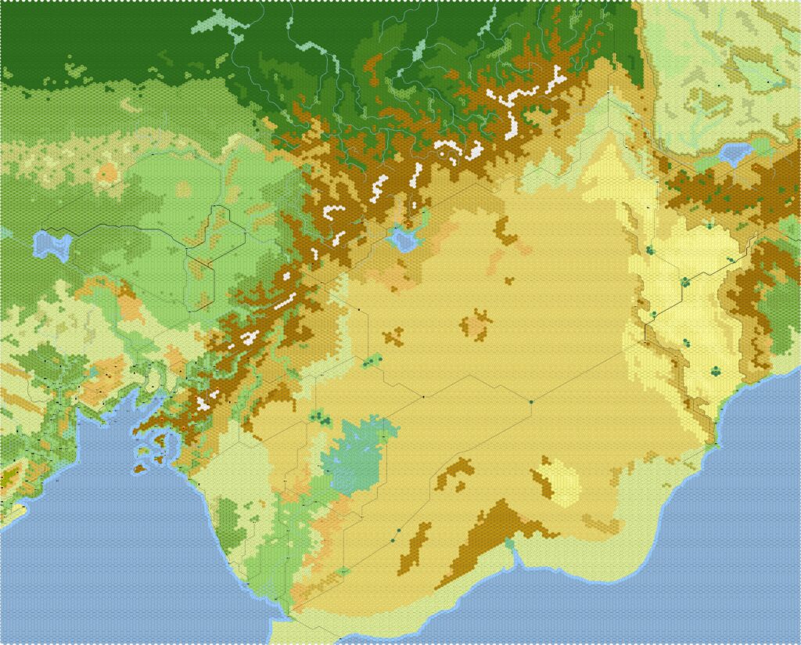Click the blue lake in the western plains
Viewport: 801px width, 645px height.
[52, 244]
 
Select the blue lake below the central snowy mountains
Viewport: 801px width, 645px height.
[404, 238]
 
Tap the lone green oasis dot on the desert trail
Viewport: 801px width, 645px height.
[530, 402]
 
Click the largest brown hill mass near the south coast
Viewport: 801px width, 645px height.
[501, 524]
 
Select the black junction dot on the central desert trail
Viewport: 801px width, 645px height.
[423, 398]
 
